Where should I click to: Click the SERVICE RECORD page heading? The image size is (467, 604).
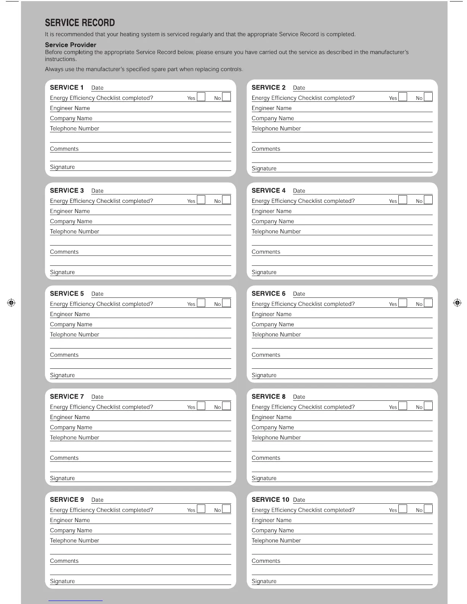coord(80,23)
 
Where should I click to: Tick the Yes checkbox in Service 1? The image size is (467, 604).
coord(201,96)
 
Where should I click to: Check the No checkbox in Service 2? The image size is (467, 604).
coord(428,96)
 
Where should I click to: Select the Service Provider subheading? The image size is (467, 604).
coord(71,45)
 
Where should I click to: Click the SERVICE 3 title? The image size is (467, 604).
coord(67,190)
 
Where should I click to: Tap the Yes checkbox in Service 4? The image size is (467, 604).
coord(403,199)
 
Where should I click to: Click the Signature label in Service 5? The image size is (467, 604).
coord(62,375)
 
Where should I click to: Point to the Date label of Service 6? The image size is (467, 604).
coord(299,294)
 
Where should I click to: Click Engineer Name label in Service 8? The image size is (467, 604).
coord(271,417)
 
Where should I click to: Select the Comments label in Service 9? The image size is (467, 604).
coord(64,561)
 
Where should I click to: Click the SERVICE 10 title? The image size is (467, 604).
coord(270,500)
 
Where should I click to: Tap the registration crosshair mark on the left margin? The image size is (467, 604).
coord(11,303)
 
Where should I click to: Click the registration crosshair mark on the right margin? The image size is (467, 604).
coord(457,303)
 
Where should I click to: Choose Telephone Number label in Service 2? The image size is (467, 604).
coord(276,129)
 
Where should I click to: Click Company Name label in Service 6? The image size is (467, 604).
coord(272,324)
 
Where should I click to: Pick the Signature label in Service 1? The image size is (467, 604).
coord(62,167)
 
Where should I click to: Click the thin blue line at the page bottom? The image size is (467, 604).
coord(76,601)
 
